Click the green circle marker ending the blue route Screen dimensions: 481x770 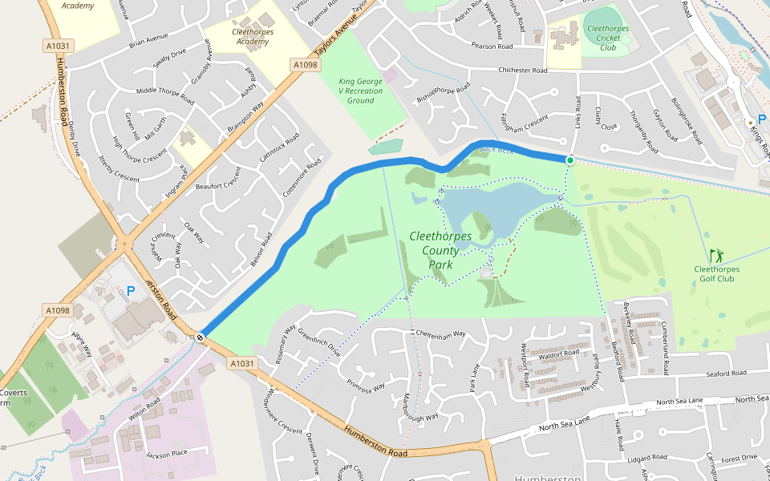570,160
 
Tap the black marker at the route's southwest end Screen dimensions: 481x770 199,338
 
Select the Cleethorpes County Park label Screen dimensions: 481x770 440,250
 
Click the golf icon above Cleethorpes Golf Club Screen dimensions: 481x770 716,254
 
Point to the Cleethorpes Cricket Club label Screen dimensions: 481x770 608,38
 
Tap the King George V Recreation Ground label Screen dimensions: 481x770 361,91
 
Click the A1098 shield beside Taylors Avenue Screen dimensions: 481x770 305,65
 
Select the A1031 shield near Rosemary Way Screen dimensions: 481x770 242,363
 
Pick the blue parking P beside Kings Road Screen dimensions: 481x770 761,119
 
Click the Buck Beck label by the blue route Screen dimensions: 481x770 495,149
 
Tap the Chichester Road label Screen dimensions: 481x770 523,71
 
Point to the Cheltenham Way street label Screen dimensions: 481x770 439,333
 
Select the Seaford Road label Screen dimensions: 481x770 726,374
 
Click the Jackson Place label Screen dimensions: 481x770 166,455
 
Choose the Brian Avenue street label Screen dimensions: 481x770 148,38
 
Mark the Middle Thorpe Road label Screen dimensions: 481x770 165,95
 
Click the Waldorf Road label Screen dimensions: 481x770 559,354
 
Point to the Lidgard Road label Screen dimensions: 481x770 647,458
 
